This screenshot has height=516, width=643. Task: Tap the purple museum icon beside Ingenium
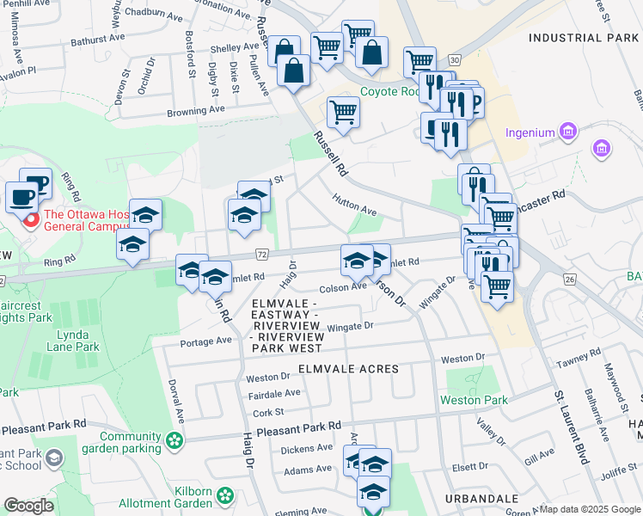point(566,132)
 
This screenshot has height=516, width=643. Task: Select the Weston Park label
point(474,400)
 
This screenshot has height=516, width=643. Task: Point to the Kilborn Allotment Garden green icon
point(225,495)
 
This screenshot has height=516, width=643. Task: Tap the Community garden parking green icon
point(175,441)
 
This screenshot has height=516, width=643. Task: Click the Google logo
point(28,507)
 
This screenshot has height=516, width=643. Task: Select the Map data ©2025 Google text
point(589,509)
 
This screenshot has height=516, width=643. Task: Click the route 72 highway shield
point(262,255)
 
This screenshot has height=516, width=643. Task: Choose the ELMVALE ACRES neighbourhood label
point(348,369)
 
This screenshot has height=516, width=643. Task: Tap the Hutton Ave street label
point(355,204)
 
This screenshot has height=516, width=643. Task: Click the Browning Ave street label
point(195,111)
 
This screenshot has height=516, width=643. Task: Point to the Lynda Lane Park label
point(73,341)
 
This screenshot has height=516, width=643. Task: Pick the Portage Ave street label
point(206,341)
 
